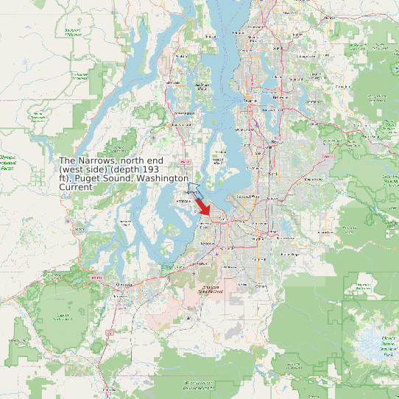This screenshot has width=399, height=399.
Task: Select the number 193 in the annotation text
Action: pyautogui.click(x=151, y=169)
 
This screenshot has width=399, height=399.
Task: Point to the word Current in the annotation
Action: pyautogui.click(x=76, y=187)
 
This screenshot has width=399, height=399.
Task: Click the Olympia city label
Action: pyautogui.click(x=122, y=283)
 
